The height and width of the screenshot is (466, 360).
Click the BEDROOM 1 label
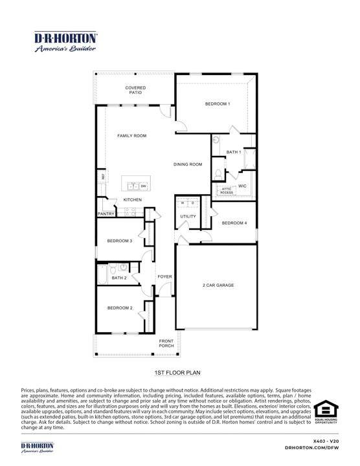pos(218,104)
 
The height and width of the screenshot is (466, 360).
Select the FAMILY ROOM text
pos(131,136)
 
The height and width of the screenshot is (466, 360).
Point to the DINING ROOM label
pos(188,164)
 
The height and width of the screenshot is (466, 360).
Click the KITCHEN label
pos(133,200)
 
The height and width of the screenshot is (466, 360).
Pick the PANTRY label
pos(106,214)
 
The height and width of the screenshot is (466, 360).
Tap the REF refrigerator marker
pos(102,177)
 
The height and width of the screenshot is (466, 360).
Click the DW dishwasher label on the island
pos(143,186)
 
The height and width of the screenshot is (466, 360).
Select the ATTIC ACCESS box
pos(226,190)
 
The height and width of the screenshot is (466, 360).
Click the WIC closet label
pos(243,186)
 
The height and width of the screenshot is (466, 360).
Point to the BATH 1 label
pos(233,152)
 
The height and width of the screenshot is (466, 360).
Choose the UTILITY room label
pos(188,216)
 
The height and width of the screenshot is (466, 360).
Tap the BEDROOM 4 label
pos(234,223)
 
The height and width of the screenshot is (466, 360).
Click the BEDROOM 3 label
pos(120,241)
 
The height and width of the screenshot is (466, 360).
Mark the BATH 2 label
pos(119,278)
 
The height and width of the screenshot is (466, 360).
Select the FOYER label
pos(165,276)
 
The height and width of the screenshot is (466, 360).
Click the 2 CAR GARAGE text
pos(218,285)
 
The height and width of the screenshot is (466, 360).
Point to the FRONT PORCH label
pos(167,344)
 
